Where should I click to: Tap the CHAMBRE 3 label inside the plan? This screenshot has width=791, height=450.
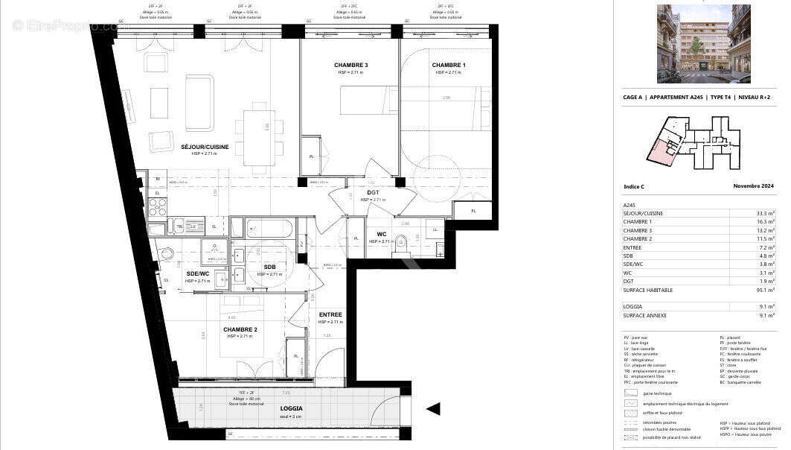click(350, 66)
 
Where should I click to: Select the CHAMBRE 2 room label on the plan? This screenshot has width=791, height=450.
click(240, 329)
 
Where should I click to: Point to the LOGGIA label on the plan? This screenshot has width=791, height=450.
click(291, 408)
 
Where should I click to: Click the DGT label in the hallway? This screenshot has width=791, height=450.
click(373, 193)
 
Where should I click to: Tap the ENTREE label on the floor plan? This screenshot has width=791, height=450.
click(330, 315)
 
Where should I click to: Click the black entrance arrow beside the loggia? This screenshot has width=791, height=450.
click(432, 408)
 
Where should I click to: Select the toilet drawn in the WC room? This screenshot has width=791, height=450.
click(403, 241)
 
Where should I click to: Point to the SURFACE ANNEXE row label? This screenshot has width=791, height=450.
click(644, 316)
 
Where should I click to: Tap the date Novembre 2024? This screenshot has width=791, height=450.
click(754, 186)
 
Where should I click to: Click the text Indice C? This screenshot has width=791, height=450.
click(635, 186)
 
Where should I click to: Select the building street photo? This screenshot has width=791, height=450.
click(694, 43)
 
